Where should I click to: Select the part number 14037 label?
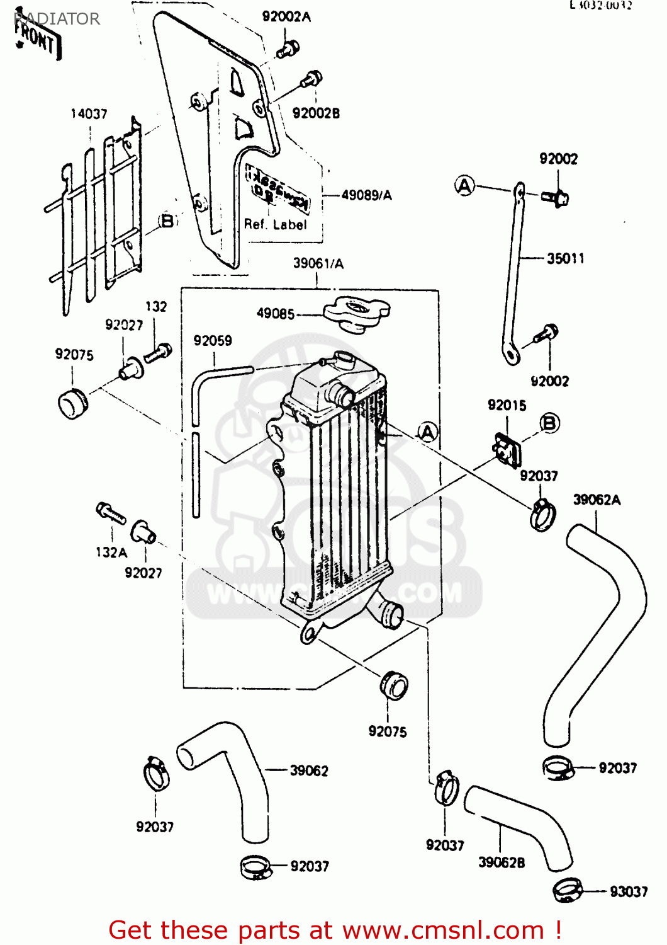[x=89, y=114]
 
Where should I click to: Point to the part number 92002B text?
[x=316, y=113]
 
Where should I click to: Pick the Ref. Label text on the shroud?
[x=275, y=224]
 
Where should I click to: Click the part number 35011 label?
[x=565, y=258]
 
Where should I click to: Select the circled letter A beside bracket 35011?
[x=464, y=186]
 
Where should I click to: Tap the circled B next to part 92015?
[x=549, y=423]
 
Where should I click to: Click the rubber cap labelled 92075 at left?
[x=72, y=403]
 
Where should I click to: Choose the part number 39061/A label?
[x=318, y=263]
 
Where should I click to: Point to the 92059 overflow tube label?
[x=213, y=341]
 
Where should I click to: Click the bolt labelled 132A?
[x=110, y=512]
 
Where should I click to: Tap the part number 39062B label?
[x=502, y=862]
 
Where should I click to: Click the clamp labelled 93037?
[x=568, y=890]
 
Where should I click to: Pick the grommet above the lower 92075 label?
[x=394, y=685]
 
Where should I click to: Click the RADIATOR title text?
[x=57, y=19]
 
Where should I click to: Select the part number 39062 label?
[x=309, y=770]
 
